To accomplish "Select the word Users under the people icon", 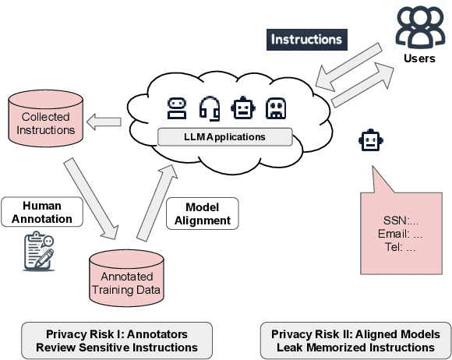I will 419,59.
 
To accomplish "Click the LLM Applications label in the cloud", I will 225,137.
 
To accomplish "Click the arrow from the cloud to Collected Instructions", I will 104,122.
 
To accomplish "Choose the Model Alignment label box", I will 203,213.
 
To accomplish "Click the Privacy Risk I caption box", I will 115,341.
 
